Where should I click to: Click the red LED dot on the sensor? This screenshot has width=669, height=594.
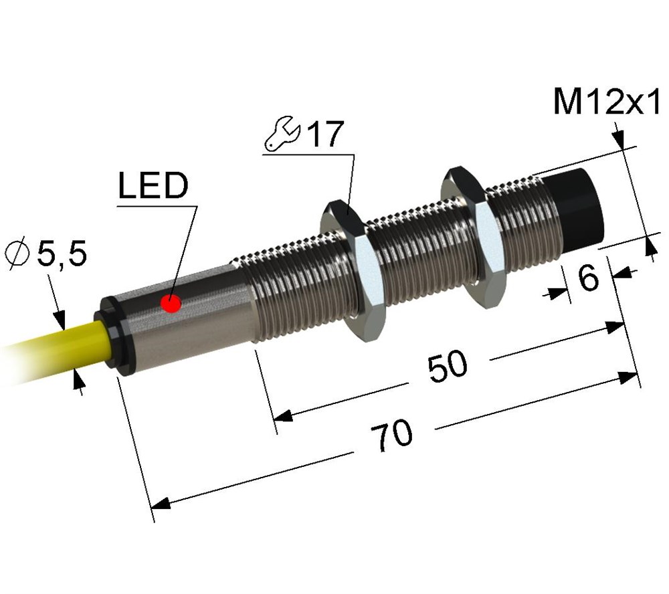(x=171, y=304)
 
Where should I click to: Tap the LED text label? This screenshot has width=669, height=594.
(x=153, y=185)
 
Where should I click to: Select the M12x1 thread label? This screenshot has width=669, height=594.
(x=607, y=101)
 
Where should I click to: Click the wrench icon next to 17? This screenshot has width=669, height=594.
(x=282, y=132)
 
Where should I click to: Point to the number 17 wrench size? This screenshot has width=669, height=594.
(x=326, y=134)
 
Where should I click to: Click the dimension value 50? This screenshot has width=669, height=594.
(x=448, y=366)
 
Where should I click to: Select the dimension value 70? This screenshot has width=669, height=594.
(x=391, y=435)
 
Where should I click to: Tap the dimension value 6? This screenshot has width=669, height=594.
(x=589, y=278)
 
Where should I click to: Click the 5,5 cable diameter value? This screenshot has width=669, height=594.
(x=62, y=254)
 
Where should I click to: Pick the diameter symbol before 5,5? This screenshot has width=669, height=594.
(x=18, y=255)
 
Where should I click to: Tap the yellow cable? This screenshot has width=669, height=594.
(x=52, y=349)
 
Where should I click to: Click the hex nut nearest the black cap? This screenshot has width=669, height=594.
(x=474, y=236)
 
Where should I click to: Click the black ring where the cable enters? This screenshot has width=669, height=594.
(x=114, y=337)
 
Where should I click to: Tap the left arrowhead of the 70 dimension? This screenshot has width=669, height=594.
(x=161, y=504)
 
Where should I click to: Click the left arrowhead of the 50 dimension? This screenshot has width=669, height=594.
(x=283, y=415)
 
